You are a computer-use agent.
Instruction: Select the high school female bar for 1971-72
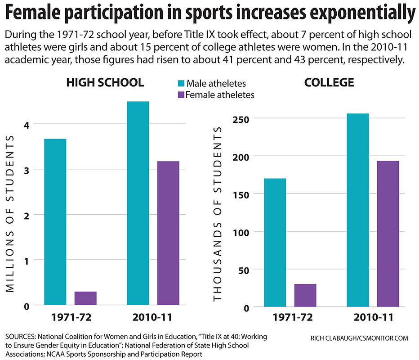(x=85, y=298)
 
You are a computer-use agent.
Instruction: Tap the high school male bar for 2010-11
(x=138, y=203)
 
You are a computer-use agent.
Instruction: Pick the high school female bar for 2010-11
(x=168, y=233)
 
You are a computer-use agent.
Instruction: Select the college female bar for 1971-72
(x=305, y=296)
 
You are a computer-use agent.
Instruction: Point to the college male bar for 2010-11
(x=358, y=210)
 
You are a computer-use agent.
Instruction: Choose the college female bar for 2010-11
(x=388, y=234)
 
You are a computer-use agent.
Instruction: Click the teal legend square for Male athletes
(x=181, y=83)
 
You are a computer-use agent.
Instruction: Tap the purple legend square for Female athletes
(x=181, y=94)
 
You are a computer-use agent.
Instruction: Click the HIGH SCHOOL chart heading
(x=105, y=83)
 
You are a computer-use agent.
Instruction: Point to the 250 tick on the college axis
(x=243, y=118)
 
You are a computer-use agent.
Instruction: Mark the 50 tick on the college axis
(x=245, y=270)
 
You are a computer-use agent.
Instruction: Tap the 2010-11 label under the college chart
(x=373, y=317)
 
